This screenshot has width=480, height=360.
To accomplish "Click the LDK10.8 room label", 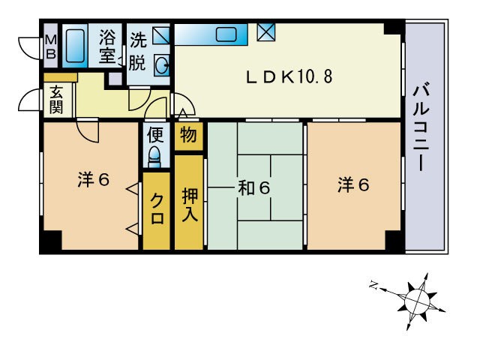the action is tap(289, 76).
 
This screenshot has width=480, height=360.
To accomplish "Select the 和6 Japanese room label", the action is tap(254, 188).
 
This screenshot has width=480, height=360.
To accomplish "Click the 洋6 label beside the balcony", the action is tap(353, 184).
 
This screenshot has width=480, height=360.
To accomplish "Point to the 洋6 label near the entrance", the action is tap(93, 179).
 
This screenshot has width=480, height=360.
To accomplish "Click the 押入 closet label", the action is tap(190, 205).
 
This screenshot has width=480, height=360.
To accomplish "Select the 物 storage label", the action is tap(188, 135).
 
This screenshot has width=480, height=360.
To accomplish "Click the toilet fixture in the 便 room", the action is tap(154, 157).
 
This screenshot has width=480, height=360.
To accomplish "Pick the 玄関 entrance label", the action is tap(57, 100).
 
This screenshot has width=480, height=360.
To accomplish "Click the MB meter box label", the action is tap(51, 46).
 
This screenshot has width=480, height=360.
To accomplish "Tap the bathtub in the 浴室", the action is tap(75, 46).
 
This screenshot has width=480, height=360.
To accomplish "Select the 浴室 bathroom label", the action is tap(107, 46).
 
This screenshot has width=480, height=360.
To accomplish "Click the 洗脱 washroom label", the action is tap(138, 52).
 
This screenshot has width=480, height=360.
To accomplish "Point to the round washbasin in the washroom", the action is tap(162, 64).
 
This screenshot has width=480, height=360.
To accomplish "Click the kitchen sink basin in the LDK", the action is tap(226, 34).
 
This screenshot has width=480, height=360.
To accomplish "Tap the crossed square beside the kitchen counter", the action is tap(265, 31).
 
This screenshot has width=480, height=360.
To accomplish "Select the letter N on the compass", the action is tap(373, 285).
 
